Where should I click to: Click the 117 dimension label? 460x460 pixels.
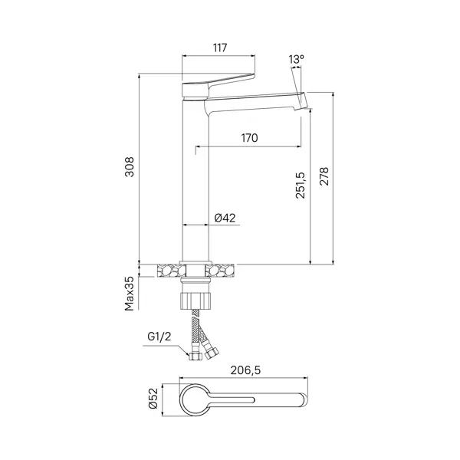click(x=220, y=48)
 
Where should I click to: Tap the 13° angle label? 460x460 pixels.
click(x=296, y=59)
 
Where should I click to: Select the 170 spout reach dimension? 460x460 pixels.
click(x=249, y=137)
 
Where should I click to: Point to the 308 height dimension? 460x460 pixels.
click(x=130, y=166)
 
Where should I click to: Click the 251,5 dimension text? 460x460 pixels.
click(x=300, y=186)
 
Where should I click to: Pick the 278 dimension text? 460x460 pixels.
click(x=324, y=176)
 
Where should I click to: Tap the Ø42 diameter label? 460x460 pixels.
click(x=225, y=218)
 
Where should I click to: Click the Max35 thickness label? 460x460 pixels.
click(x=130, y=294)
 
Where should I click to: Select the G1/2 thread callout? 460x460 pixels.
click(x=159, y=337)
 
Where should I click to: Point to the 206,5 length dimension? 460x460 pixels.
click(x=245, y=370)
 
